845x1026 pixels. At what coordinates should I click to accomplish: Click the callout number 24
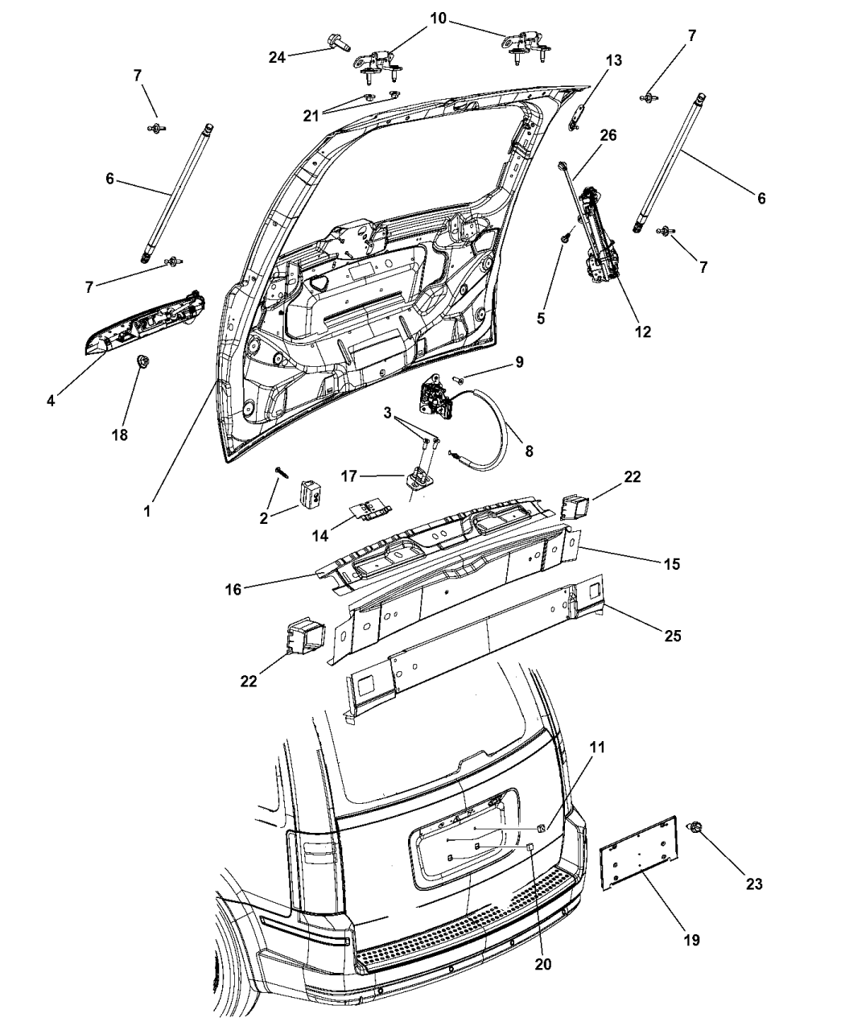click(x=277, y=57)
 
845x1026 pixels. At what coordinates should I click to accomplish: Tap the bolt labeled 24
click(x=338, y=43)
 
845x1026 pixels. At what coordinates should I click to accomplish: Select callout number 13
click(x=613, y=61)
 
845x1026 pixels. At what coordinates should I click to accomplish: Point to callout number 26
click(x=608, y=135)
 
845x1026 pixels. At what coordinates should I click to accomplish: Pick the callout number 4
click(x=52, y=401)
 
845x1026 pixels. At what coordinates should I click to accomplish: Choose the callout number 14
click(x=320, y=536)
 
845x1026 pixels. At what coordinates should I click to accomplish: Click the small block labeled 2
click(x=310, y=492)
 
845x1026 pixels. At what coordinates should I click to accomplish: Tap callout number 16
click(x=233, y=589)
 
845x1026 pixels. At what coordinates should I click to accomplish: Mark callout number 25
click(x=673, y=636)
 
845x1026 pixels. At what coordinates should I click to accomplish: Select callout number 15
click(x=672, y=563)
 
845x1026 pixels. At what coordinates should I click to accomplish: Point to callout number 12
click(x=642, y=332)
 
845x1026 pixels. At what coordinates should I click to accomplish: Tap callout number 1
click(x=146, y=511)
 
